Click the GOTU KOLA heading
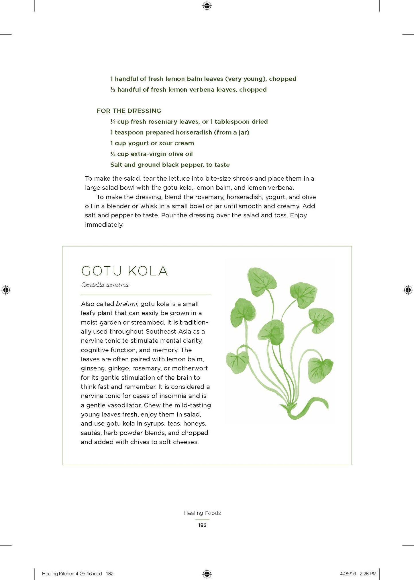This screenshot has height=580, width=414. tap(124, 271)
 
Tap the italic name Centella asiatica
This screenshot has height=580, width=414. tap(105, 285)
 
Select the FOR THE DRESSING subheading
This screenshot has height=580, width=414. tap(129, 111)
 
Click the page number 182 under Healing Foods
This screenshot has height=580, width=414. tap(202, 525)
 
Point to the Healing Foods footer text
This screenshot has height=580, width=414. tap(202, 513)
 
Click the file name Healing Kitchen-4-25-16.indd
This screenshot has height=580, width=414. tap(72, 566)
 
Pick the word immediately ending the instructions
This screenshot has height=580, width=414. tap(104, 224)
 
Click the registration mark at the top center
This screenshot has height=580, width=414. tap(207, 6)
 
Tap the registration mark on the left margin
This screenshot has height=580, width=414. tap(6, 290)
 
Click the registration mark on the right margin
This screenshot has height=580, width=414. tap(408, 290)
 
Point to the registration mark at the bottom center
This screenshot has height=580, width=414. tap(207, 566)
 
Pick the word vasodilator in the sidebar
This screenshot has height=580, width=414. tap(123, 405)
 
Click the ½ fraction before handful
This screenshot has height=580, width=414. tap(113, 90)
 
